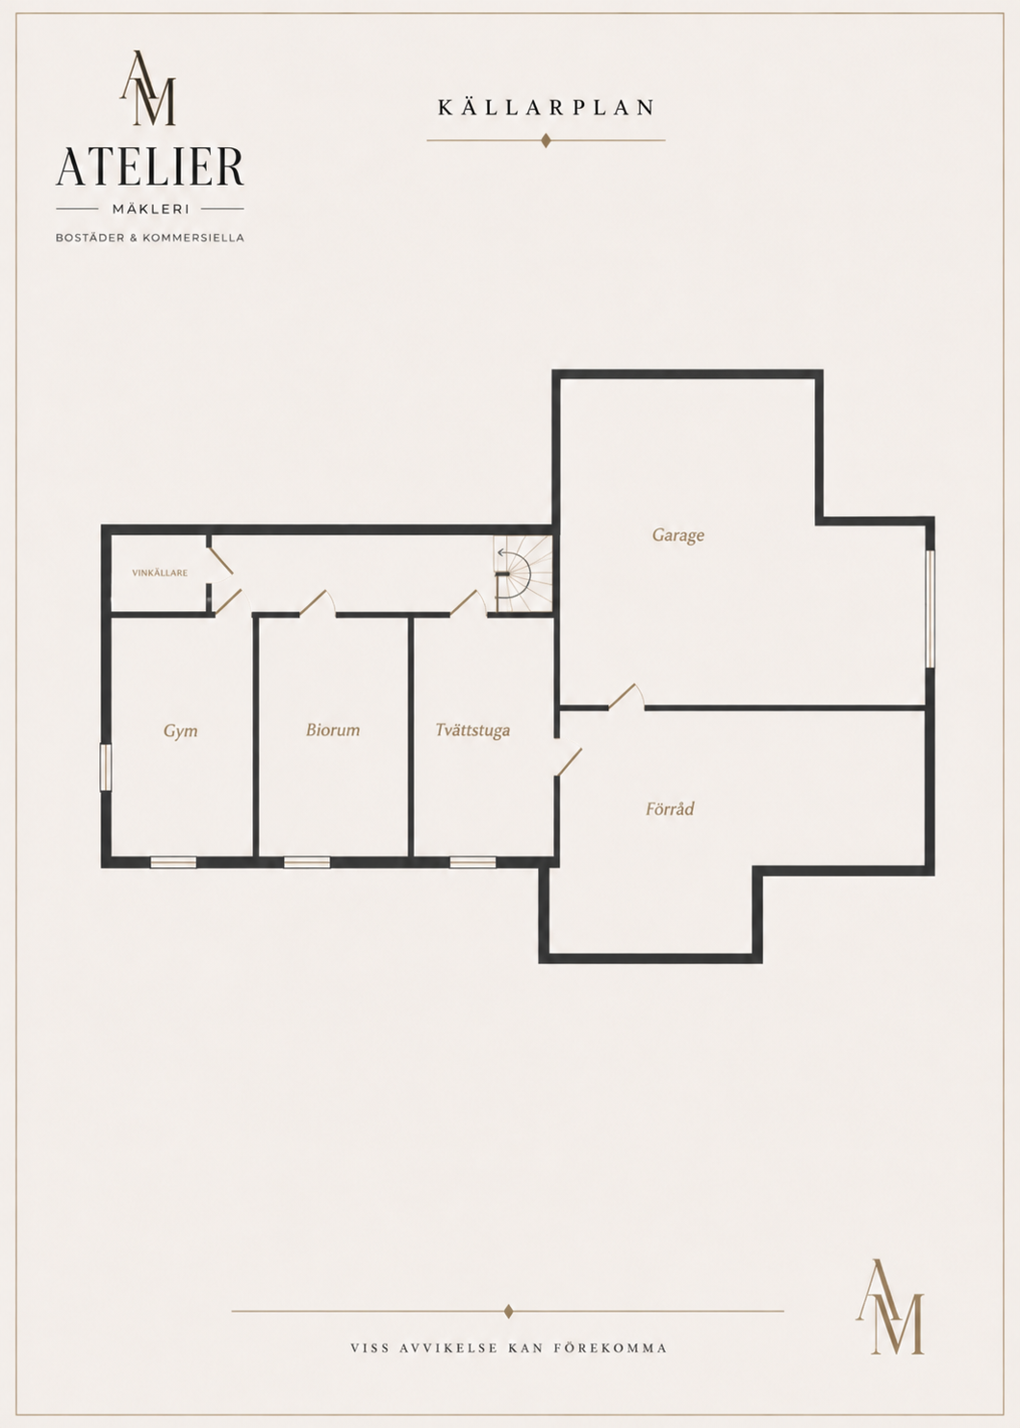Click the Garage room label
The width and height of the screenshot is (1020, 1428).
(677, 535)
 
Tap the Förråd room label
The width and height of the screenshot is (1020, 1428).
(670, 809)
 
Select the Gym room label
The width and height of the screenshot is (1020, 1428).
(180, 730)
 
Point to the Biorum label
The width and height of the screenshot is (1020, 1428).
(333, 730)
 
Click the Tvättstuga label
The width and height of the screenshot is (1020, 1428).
(473, 730)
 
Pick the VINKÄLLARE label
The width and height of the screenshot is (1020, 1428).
(160, 574)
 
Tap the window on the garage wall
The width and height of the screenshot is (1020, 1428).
(931, 609)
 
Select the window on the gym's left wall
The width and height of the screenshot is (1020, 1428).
(106, 767)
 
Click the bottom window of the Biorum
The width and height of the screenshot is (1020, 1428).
(307, 862)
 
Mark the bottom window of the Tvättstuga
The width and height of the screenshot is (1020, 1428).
(473, 862)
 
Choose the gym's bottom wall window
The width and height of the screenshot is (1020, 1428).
(173, 862)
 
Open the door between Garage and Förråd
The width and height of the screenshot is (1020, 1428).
(626, 697)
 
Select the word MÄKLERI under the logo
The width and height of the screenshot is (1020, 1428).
(150, 209)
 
